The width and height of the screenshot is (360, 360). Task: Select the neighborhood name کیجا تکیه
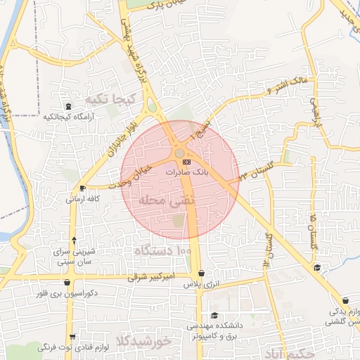tap(109, 98)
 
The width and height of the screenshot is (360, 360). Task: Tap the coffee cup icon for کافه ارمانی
tap(83, 188)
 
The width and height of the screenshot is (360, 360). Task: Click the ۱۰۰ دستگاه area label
tap(162, 250)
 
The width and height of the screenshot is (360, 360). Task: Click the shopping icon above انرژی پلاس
tap(202, 274)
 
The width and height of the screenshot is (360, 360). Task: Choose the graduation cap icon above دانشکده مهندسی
tap(214, 316)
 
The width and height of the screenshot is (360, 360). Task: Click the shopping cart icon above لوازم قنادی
tap(72, 337)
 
